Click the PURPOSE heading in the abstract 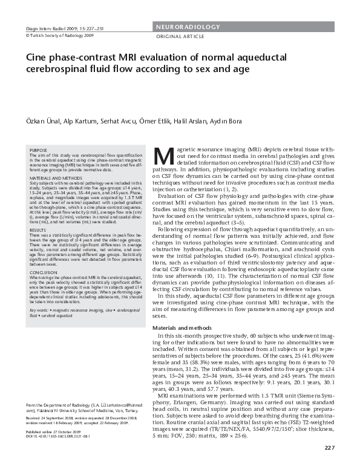(x=38, y=149)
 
